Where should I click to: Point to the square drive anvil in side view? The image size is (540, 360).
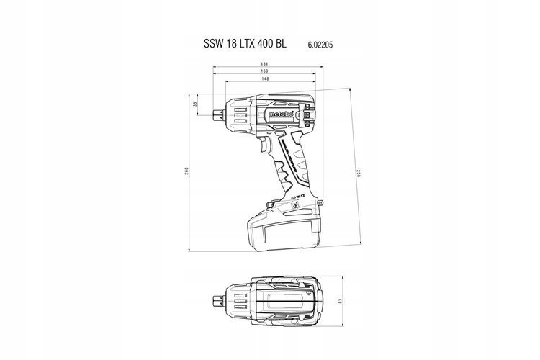point(218,112)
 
